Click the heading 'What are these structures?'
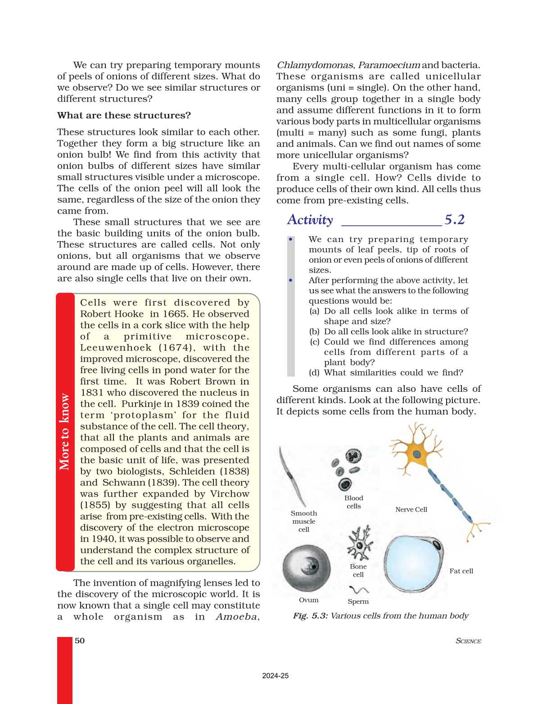tap(124, 116)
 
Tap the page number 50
tap(80, 641)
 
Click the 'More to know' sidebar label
tap(65, 432)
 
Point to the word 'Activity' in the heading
tap(310, 220)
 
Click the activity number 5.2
tap(454, 220)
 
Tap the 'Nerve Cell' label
tap(411, 509)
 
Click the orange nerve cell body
tap(417, 453)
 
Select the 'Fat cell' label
tap(461, 571)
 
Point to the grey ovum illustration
tap(306, 568)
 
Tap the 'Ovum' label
tap(308, 600)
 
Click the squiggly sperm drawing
tap(358, 589)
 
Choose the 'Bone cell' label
tap(358, 570)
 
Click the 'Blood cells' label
tap(354, 502)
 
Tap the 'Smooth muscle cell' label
tap(304, 521)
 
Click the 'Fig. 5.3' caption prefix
tap(310, 616)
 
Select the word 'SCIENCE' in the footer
tap(468, 641)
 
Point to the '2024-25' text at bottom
tap(275, 676)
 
